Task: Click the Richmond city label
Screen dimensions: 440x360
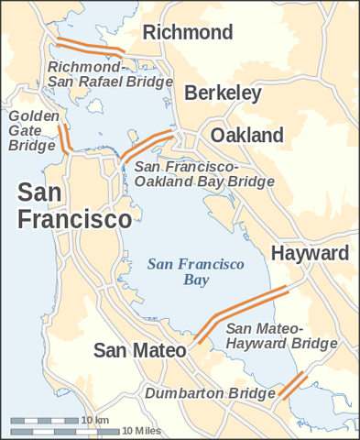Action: pyautogui.click(x=188, y=33)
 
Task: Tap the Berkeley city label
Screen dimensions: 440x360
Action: pyautogui.click(x=223, y=93)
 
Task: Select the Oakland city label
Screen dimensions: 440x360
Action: pyautogui.click(x=247, y=136)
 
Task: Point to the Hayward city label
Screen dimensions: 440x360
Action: pyautogui.click(x=310, y=253)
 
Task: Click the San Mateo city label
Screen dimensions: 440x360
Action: pyautogui.click(x=140, y=350)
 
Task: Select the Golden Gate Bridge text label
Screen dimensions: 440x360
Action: pyautogui.click(x=35, y=131)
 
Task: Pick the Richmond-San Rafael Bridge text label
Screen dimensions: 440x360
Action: pyautogui.click(x=110, y=74)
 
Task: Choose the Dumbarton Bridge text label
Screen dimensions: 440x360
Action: pyautogui.click(x=210, y=394)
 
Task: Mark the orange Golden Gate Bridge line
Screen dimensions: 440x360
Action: pyautogui.click(x=65, y=137)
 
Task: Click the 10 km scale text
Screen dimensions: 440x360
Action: pyautogui.click(x=95, y=420)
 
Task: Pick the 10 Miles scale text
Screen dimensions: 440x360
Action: pyautogui.click(x=140, y=430)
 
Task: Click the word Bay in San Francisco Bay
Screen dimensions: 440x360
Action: pyautogui.click(x=196, y=280)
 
